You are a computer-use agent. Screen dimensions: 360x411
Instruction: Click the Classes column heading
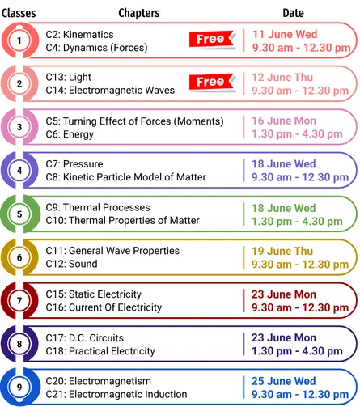pyautogui.click(x=19, y=13)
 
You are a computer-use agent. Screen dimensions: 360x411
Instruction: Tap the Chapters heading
pyautogui.click(x=139, y=13)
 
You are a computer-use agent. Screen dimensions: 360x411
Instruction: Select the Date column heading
pyautogui.click(x=293, y=13)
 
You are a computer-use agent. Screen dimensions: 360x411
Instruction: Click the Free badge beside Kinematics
pyautogui.click(x=212, y=40)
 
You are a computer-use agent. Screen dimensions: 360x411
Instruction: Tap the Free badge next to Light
pyautogui.click(x=212, y=82)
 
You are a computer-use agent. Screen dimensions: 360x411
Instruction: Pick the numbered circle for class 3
pyautogui.click(x=19, y=127)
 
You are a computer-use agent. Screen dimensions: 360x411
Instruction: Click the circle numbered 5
pyautogui.click(x=19, y=214)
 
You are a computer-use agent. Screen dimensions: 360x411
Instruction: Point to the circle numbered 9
pyautogui.click(x=19, y=387)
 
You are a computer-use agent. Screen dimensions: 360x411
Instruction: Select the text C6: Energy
pyautogui.click(x=70, y=134)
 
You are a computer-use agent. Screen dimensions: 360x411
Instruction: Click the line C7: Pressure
pyautogui.click(x=74, y=164)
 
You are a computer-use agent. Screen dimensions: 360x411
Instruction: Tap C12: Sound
pyautogui.click(x=71, y=264)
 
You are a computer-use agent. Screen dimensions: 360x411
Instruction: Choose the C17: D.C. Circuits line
pyautogui.click(x=84, y=338)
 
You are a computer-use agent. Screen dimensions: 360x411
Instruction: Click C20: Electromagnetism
pyautogui.click(x=98, y=381)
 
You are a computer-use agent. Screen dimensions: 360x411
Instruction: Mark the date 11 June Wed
pyautogui.click(x=285, y=34)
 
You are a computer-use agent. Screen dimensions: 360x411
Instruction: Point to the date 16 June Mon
pyautogui.click(x=284, y=121)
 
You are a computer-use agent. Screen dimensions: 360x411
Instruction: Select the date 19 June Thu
pyautogui.click(x=282, y=251)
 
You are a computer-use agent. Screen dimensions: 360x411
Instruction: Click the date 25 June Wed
pyautogui.click(x=284, y=381)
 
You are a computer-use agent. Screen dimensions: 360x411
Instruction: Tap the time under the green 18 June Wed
pyautogui.click(x=297, y=222)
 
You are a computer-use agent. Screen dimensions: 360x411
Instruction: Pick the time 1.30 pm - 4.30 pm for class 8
pyautogui.click(x=297, y=351)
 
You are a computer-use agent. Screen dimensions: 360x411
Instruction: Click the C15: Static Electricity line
pyautogui.click(x=93, y=294)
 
